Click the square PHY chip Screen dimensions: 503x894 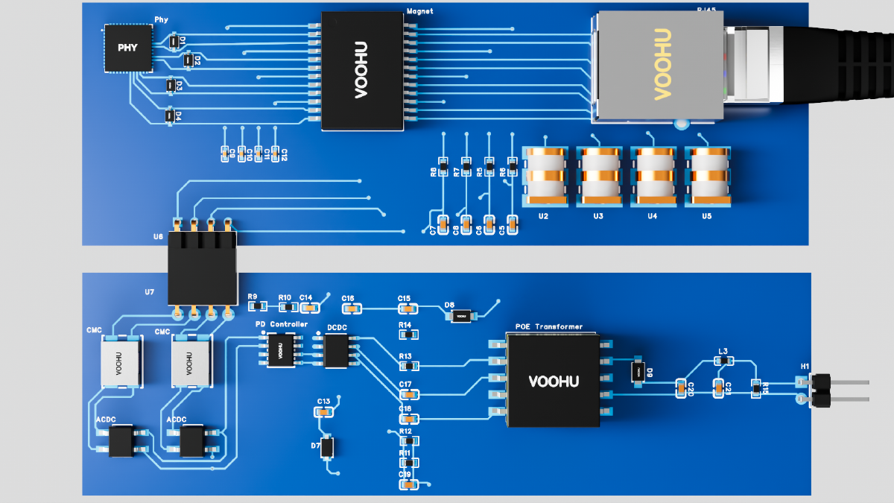[127, 48]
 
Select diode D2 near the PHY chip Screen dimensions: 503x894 [188, 59]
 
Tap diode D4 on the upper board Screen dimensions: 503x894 [170, 116]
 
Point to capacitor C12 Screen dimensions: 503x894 [276, 153]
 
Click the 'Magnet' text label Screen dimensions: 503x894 [420, 11]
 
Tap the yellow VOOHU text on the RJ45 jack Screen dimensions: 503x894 [662, 65]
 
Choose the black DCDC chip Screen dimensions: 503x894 [337, 350]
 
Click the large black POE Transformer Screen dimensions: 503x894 [554, 380]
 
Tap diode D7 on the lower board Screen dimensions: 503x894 [326, 447]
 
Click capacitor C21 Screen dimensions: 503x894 [718, 387]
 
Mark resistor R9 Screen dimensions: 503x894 [256, 306]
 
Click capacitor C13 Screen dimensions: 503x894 [323, 411]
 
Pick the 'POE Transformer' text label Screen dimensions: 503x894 [549, 327]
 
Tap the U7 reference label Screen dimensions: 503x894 [150, 291]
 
